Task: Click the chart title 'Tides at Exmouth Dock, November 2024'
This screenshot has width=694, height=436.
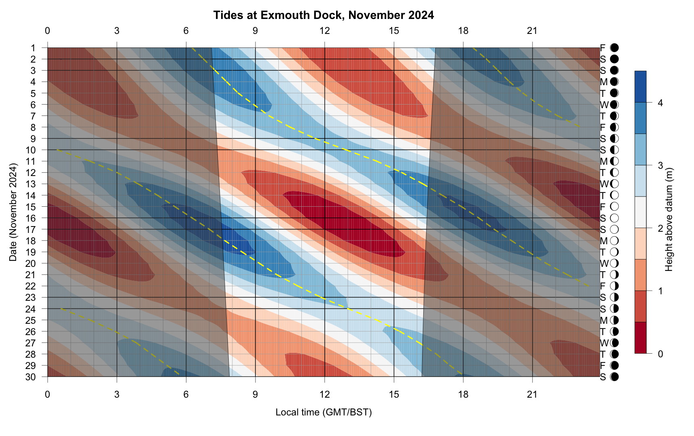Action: click(324, 15)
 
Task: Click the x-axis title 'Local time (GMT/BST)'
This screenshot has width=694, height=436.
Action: click(324, 412)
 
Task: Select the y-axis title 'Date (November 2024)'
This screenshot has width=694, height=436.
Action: click(13, 212)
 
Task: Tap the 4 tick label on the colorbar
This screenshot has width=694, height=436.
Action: click(660, 103)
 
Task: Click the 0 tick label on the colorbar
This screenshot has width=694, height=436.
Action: click(660, 354)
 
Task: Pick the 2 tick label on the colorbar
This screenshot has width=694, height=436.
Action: click(660, 228)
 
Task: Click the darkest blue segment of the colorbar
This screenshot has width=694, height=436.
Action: click(640, 87)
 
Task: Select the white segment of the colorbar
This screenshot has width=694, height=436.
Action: click(640, 212)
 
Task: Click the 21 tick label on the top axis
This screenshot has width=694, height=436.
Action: click(533, 31)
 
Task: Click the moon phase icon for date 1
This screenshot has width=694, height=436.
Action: click(615, 48)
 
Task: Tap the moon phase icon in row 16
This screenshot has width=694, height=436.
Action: click(615, 218)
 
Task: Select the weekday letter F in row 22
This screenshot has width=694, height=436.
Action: click(603, 286)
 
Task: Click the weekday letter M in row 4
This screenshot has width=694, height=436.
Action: click(604, 82)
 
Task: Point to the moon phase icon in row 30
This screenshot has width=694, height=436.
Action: click(615, 377)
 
